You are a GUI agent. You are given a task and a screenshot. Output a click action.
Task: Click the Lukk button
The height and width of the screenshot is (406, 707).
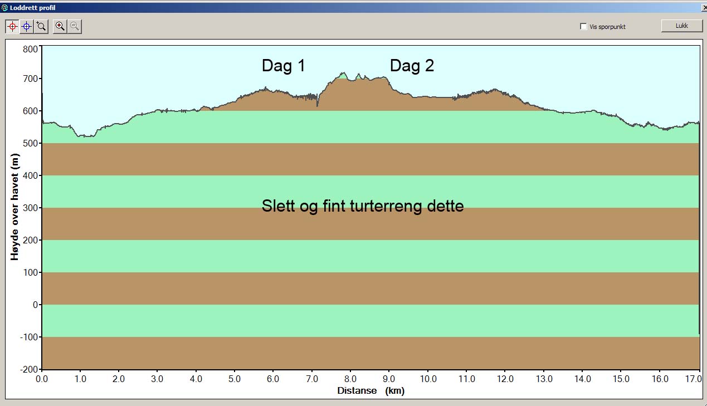pyautogui.click(x=681, y=26)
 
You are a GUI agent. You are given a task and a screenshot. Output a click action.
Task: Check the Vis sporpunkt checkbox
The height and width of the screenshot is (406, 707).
pyautogui.click(x=583, y=26)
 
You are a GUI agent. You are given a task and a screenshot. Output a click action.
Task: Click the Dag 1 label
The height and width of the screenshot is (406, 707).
pyautogui.click(x=284, y=66)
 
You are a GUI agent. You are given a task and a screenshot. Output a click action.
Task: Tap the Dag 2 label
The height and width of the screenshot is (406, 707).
pyautogui.click(x=412, y=66)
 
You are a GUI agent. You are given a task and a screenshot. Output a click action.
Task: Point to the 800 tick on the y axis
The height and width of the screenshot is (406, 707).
pyautogui.click(x=30, y=48)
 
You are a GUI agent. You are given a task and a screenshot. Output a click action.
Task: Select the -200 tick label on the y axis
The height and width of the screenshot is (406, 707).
pyautogui.click(x=28, y=369)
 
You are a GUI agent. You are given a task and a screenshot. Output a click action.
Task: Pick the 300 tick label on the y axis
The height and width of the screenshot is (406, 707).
pyautogui.click(x=30, y=208)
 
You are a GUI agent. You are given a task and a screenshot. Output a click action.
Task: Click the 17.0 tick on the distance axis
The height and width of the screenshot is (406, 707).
pyautogui.click(x=691, y=379)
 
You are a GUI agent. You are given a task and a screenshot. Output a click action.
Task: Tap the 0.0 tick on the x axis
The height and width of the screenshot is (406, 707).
pyautogui.click(x=42, y=379)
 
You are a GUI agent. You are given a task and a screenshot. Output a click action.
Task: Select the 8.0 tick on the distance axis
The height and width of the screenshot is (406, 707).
pyautogui.click(x=350, y=379)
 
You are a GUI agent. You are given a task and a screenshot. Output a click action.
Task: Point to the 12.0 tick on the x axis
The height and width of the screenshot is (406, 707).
pyautogui.click(x=505, y=379)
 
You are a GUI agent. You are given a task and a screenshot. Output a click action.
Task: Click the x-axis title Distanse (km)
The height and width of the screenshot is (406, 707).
pyautogui.click(x=370, y=391)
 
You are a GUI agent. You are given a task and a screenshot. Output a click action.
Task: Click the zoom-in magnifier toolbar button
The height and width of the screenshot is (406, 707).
pyautogui.click(x=60, y=26)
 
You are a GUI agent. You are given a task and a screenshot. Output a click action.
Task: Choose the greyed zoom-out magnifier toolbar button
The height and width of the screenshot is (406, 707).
pyautogui.click(x=75, y=26)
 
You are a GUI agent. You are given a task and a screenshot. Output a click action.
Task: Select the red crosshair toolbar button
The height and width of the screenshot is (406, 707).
pyautogui.click(x=12, y=26)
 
